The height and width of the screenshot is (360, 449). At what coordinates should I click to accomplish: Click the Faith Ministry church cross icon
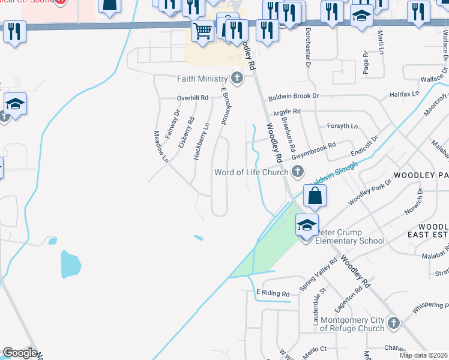[238, 78]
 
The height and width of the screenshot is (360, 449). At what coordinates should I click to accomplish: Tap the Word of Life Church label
[252, 173]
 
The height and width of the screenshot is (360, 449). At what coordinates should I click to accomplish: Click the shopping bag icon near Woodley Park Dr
[315, 196]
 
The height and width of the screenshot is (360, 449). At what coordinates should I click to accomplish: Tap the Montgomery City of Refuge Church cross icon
[393, 323]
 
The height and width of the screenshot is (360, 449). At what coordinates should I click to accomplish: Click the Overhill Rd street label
[192, 98]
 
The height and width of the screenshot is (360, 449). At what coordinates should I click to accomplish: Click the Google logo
[19, 353]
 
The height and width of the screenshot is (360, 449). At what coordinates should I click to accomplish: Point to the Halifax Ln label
[404, 95]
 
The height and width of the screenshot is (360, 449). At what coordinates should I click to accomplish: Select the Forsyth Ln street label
[342, 127]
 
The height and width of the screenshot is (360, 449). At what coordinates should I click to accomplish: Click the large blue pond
[70, 265]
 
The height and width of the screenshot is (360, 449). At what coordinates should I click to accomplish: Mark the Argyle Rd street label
[286, 112]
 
